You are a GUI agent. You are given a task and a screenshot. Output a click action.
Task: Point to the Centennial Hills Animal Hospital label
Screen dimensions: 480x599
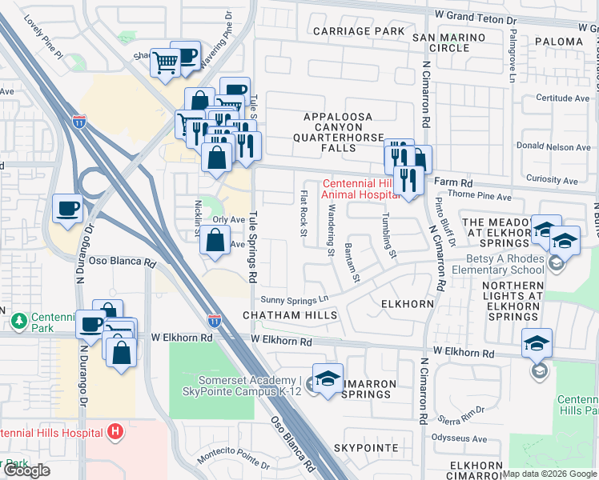coord(360,188)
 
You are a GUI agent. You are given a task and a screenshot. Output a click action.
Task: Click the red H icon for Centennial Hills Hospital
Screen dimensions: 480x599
coord(115,432)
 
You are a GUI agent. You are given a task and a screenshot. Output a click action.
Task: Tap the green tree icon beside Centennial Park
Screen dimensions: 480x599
coord(18,320)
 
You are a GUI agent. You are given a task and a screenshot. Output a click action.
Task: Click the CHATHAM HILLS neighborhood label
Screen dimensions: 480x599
coord(284,316)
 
